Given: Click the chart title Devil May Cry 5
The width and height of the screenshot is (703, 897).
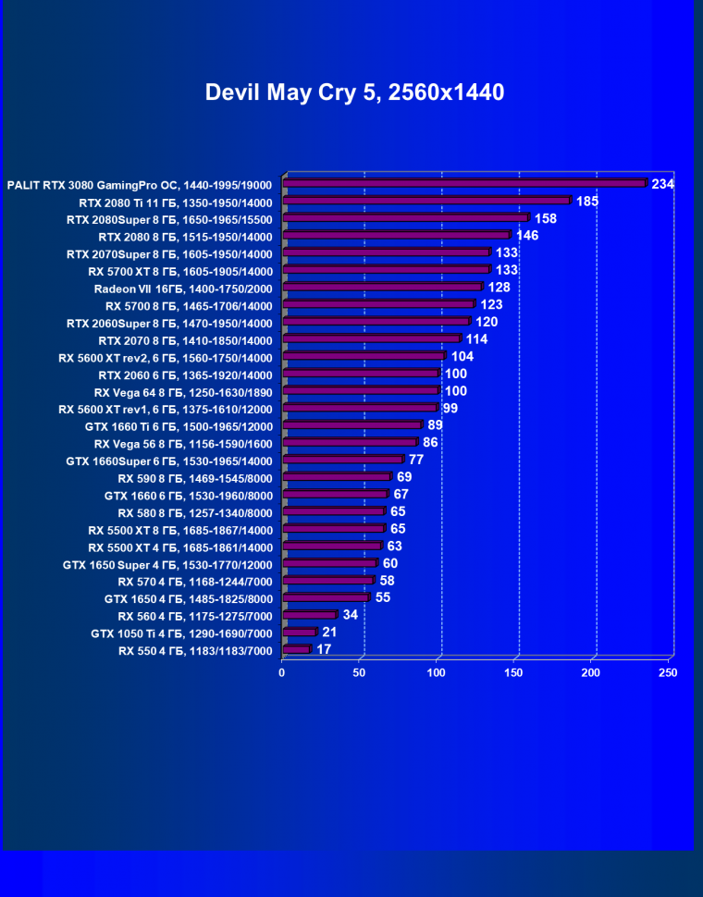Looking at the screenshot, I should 354,92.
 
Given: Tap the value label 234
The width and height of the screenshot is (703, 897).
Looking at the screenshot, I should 662,184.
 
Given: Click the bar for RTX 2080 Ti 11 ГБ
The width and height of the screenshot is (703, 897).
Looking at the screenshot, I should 426,201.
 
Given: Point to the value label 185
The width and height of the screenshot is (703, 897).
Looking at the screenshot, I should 587,201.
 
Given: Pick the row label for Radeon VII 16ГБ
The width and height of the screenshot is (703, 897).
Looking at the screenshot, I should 183,289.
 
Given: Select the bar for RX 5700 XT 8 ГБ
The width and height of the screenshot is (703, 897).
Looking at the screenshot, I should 386,270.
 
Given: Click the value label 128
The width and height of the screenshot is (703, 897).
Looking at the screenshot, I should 499,288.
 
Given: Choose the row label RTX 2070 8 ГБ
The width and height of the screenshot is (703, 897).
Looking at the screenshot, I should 185,340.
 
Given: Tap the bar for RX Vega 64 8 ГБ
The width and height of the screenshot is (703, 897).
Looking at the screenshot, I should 361,391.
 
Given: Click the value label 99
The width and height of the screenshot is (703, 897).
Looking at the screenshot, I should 450,408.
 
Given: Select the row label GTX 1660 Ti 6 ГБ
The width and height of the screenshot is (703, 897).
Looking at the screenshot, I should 179,426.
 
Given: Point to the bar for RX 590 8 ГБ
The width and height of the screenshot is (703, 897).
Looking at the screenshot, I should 337,478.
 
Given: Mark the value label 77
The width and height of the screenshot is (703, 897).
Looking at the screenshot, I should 416,460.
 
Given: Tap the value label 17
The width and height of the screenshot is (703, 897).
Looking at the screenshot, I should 324,649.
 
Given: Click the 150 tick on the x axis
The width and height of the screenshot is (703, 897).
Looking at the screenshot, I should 513,672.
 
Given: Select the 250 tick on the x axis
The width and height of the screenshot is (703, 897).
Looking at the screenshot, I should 667,672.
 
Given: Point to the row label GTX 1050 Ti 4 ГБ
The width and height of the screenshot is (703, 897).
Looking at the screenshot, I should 181,633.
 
